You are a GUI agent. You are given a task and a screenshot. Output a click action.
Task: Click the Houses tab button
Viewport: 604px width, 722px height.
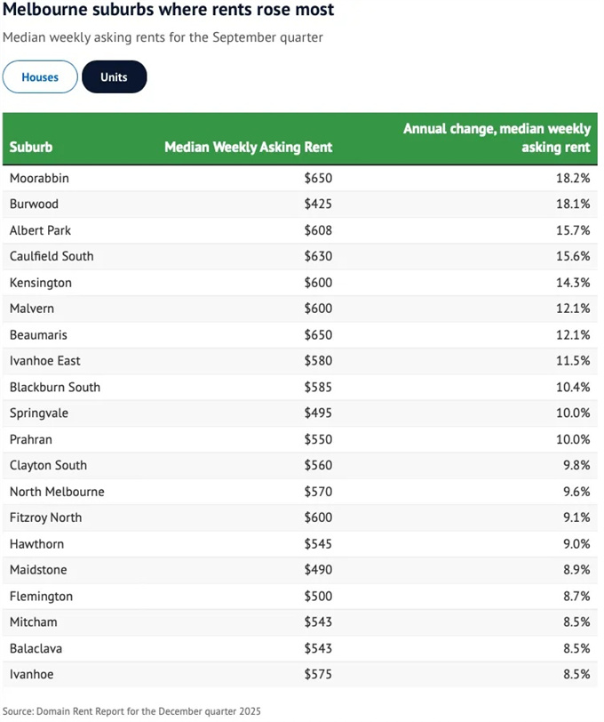pyautogui.click(x=40, y=77)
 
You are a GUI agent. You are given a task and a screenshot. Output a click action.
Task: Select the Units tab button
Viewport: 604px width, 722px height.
pyautogui.click(x=114, y=77)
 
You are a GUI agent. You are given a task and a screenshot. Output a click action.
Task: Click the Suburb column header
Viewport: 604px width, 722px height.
pyautogui.click(x=31, y=148)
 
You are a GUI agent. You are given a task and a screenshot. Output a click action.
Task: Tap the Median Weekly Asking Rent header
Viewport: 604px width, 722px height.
pyautogui.click(x=248, y=148)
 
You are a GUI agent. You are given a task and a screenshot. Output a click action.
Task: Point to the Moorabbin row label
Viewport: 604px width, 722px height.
pyautogui.click(x=39, y=178)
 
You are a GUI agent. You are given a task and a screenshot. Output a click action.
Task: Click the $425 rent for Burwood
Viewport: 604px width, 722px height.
pyautogui.click(x=317, y=204)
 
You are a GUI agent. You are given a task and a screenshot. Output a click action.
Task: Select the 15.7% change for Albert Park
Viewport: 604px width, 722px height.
pyautogui.click(x=574, y=230)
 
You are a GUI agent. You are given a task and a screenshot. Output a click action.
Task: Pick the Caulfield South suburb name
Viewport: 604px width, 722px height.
pyautogui.click(x=52, y=256)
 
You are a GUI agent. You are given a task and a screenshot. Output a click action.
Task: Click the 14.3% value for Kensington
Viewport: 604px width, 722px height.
pyautogui.click(x=574, y=283)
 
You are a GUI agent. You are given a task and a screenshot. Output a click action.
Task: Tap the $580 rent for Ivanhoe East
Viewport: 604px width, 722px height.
pyautogui.click(x=317, y=361)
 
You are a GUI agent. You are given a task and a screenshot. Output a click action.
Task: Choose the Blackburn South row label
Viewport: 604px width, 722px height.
pyautogui.click(x=55, y=387)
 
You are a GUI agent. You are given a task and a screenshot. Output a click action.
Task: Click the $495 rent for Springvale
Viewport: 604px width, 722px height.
pyautogui.click(x=317, y=413)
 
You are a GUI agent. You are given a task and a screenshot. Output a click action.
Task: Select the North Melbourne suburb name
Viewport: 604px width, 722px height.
pyautogui.click(x=57, y=492)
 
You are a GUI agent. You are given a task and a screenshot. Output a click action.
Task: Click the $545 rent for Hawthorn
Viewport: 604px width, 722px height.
pyautogui.click(x=317, y=543)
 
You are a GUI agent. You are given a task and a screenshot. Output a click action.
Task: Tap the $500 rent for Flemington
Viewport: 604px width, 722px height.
pyautogui.click(x=317, y=596)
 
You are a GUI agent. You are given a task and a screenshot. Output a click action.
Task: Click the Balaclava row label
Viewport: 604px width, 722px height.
pyautogui.click(x=36, y=648)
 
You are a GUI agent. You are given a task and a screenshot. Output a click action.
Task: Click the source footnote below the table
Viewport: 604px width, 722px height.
pyautogui.click(x=131, y=711)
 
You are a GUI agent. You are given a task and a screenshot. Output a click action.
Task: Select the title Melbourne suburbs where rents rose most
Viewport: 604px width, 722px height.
pyautogui.click(x=169, y=11)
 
